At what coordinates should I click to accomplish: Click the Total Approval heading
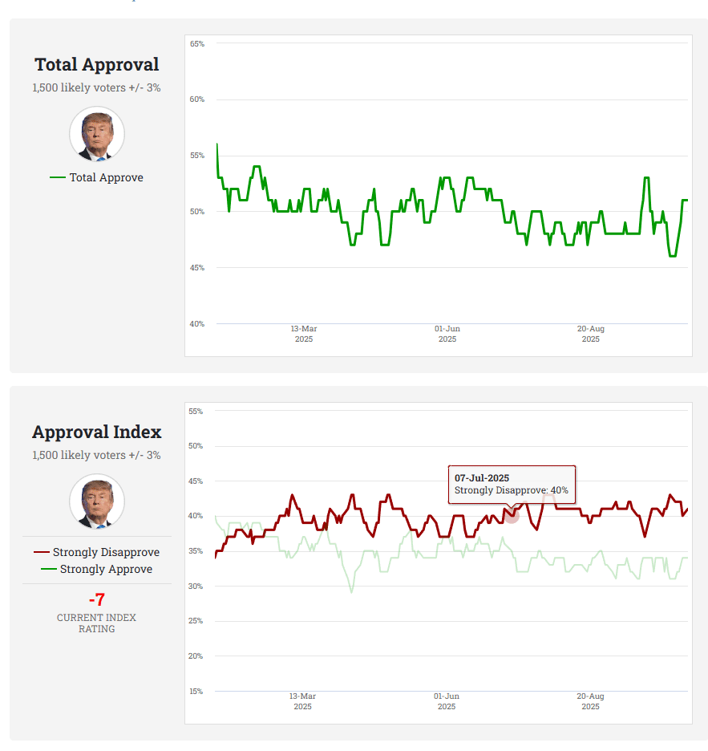click(96, 65)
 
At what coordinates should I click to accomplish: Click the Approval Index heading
click(96, 432)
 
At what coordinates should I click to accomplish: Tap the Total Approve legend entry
click(96, 177)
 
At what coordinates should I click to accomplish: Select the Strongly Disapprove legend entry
click(96, 552)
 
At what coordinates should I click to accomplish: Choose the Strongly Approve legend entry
click(96, 569)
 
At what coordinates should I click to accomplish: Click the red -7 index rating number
click(96, 599)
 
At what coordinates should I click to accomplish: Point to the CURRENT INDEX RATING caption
click(96, 623)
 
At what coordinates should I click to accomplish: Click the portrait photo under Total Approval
click(96, 134)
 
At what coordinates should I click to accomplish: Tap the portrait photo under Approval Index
click(96, 501)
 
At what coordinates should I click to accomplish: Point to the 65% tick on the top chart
click(197, 44)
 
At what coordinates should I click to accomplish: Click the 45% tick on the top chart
click(197, 268)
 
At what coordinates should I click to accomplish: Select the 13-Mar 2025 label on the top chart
click(304, 334)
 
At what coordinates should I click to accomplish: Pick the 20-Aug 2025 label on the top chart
click(591, 334)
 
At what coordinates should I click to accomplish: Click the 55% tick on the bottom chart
click(196, 412)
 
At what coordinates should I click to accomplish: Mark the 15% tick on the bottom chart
click(196, 692)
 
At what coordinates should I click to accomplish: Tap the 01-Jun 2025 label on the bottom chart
click(447, 701)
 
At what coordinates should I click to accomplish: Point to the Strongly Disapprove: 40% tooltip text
click(511, 490)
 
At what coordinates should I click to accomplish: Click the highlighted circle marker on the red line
click(512, 516)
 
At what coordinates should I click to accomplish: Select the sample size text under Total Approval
click(96, 87)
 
